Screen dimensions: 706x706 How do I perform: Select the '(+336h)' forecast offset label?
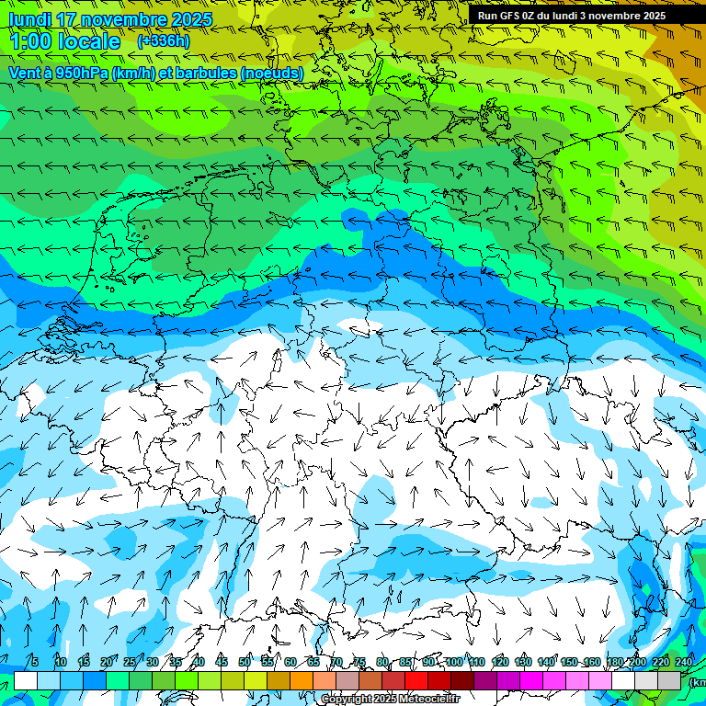pyautogui.click(x=164, y=40)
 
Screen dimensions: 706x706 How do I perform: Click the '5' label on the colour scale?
pyautogui.click(x=35, y=662)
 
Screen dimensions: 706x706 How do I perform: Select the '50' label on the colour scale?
pyautogui.click(x=245, y=662)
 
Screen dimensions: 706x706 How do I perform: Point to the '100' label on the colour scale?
pyautogui.click(x=454, y=662)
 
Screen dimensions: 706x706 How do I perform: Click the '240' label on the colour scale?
pyautogui.click(x=684, y=662)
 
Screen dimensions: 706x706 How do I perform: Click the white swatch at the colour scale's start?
pyautogui.click(x=26, y=680)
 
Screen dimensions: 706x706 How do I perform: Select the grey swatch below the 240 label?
pyautogui.click(x=669, y=680)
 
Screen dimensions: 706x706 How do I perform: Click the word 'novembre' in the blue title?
pyautogui.click(x=120, y=19)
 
